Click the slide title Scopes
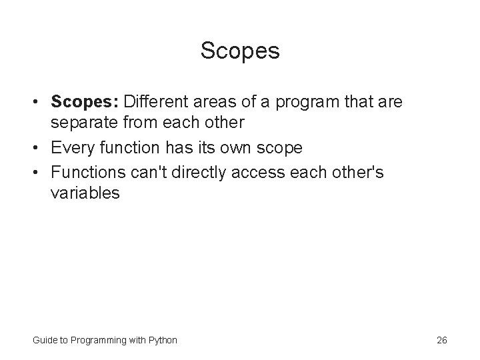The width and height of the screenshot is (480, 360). pyautogui.click(x=240, y=51)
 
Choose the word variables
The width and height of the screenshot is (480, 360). pyautogui.click(x=85, y=193)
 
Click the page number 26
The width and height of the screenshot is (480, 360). pyautogui.click(x=441, y=340)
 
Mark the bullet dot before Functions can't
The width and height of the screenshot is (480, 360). pyautogui.click(x=40, y=172)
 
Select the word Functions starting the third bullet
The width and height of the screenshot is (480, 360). pyautogui.click(x=87, y=171)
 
